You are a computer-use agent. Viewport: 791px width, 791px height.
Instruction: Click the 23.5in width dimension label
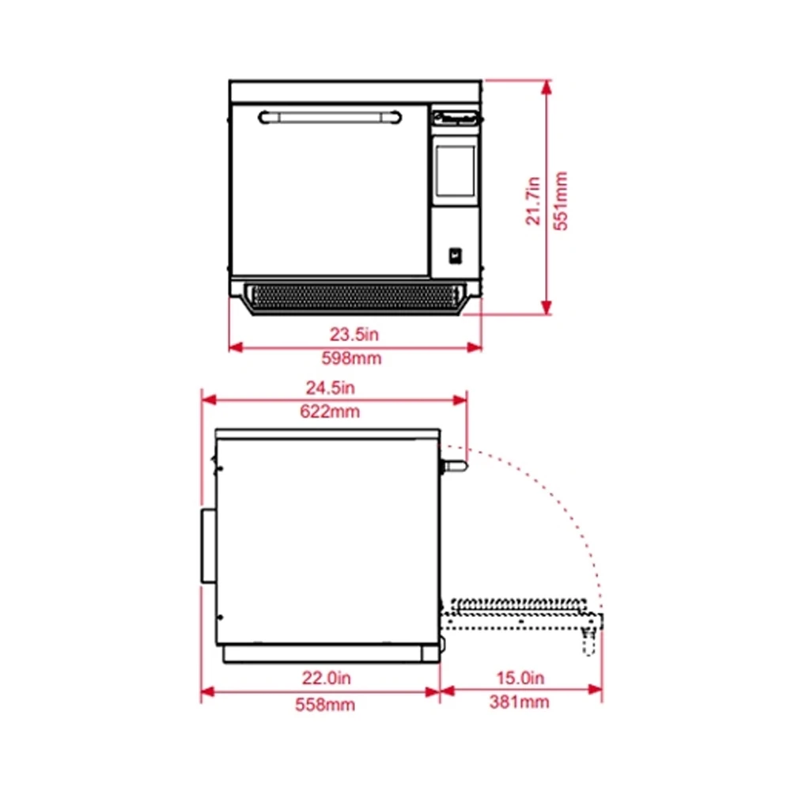pos(354,335)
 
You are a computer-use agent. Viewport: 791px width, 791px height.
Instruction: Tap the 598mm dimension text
pos(352,358)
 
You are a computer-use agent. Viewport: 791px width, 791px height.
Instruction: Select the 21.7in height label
pos(533,201)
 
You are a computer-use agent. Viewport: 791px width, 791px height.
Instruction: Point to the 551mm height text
pos(561,201)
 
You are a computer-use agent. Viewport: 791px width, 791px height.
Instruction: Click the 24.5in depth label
pos(331,388)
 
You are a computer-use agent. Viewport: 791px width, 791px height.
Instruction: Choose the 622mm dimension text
pos(330,411)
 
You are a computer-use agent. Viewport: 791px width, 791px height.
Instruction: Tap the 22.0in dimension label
pos(327,678)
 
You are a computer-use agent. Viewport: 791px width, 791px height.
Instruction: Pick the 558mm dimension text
pos(325,705)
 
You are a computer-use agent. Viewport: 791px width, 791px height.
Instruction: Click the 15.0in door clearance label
pos(520,678)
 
